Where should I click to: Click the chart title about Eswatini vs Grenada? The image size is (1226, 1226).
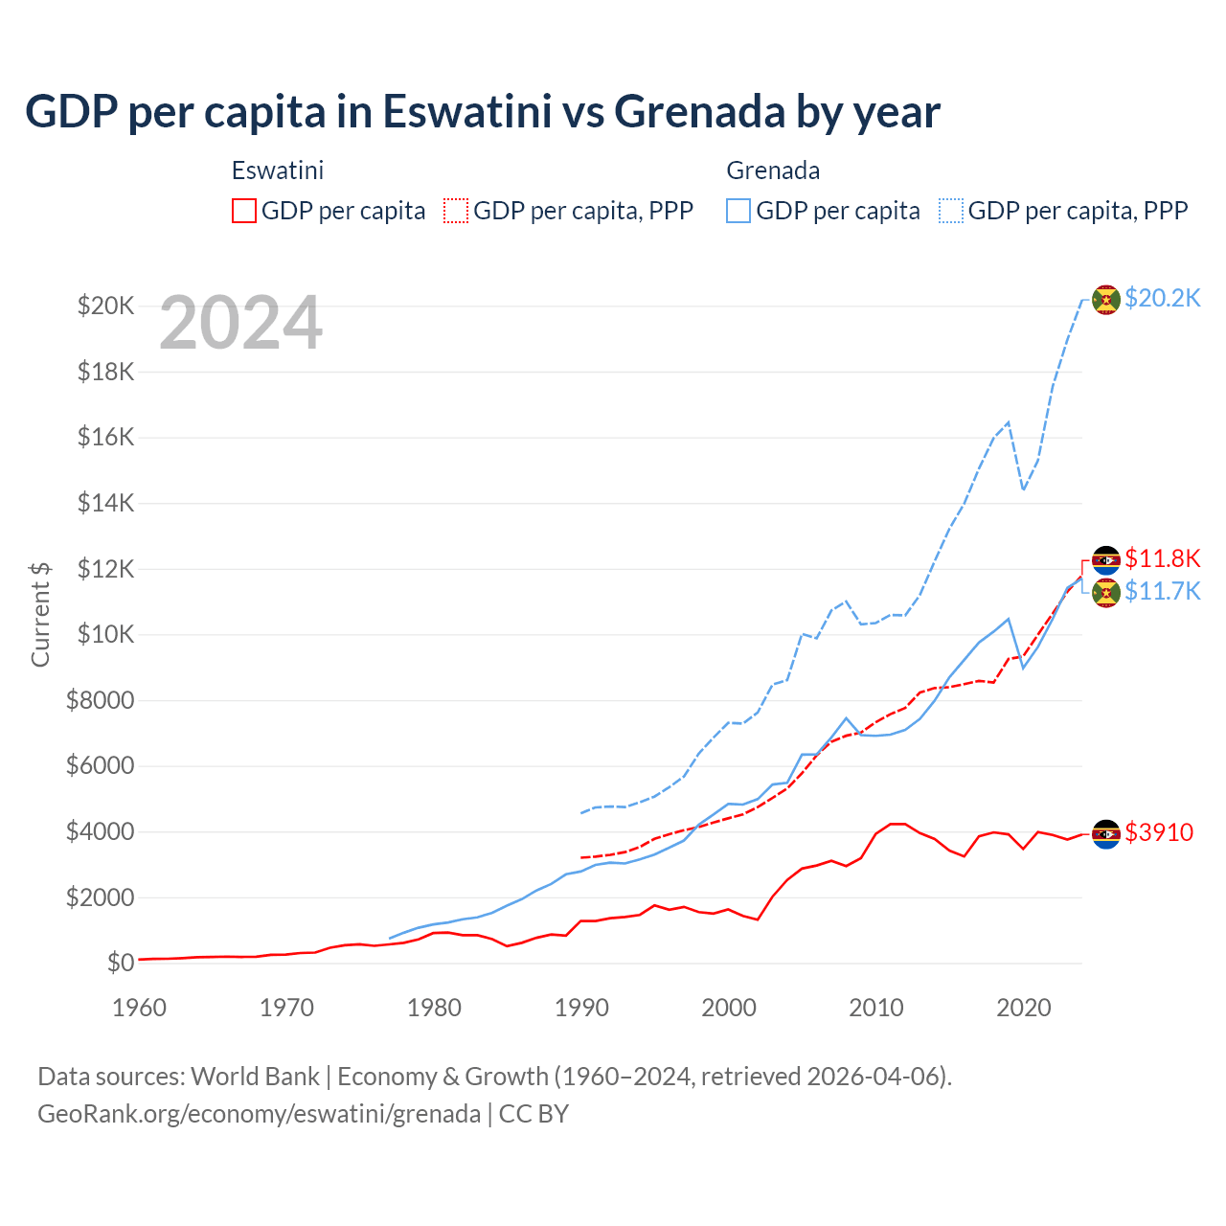[483, 112]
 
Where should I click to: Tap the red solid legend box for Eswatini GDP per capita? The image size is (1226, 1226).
[244, 211]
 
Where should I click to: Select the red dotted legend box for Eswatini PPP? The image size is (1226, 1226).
[457, 211]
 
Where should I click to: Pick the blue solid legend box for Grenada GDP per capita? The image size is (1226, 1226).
[738, 211]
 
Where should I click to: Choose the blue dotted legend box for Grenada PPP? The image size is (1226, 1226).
[951, 211]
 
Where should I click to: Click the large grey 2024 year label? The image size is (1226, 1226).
[240, 324]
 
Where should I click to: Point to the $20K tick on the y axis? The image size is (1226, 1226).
[105, 306]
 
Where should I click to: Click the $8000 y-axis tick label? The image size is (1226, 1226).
[100, 700]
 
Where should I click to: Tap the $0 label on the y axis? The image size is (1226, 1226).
[120, 963]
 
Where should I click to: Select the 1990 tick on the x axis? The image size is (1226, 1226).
[581, 1008]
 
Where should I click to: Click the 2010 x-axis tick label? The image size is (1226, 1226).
[876, 1008]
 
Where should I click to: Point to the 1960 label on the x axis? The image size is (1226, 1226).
[140, 1008]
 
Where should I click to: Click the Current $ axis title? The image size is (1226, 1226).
[40, 614]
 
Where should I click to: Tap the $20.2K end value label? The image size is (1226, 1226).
[1162, 299]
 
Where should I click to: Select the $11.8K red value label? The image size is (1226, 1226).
[1162, 558]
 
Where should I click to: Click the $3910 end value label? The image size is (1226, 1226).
[1159, 832]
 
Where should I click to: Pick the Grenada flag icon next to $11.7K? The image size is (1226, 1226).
[1106, 592]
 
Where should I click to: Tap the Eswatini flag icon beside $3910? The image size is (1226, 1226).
[1106, 833]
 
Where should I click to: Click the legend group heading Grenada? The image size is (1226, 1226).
[773, 170]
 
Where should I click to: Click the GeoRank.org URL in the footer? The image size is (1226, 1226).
[259, 1114]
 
